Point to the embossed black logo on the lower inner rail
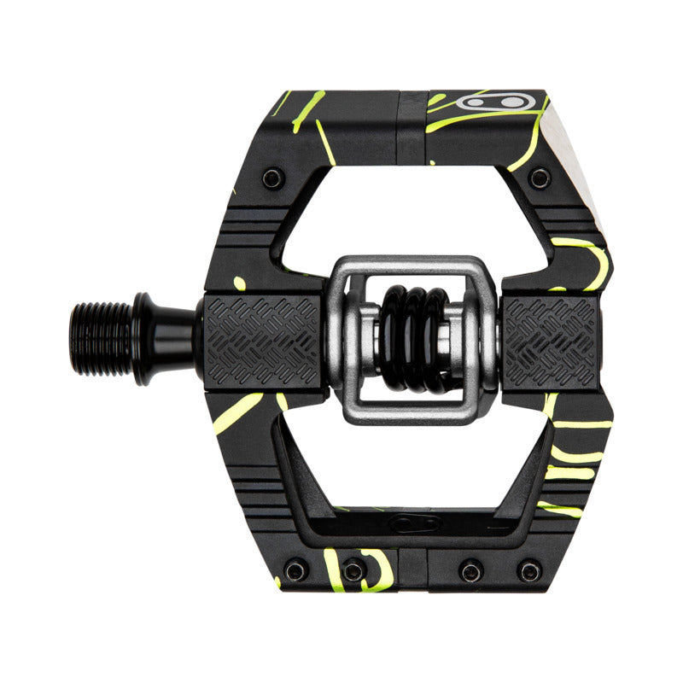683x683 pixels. coord(416,522)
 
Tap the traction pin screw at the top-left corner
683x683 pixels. coord(272,178)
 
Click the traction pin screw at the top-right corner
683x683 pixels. coord(539,178)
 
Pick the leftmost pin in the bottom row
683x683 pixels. coord(295,570)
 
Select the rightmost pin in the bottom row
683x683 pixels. coord(529,570)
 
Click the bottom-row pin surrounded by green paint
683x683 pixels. coord(353,570)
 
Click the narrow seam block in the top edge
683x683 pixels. coord(412,126)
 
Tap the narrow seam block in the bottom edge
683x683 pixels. coord(412,569)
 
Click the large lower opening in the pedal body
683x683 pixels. coord(410,465)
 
